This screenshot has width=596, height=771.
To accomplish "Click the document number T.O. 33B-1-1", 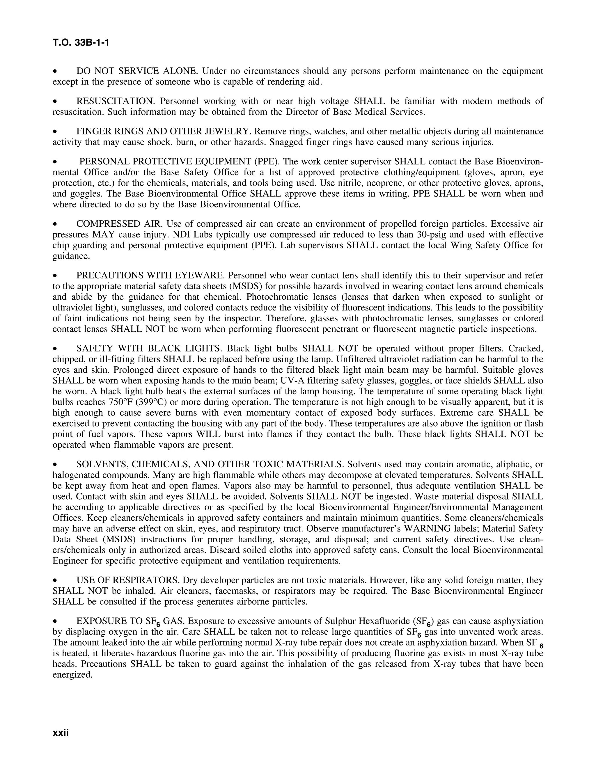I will point(81,43).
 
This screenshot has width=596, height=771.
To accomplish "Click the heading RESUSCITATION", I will point(116,101).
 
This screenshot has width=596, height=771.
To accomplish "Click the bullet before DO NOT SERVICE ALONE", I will point(55,72).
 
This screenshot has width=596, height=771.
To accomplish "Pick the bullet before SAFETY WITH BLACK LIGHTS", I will point(55,349).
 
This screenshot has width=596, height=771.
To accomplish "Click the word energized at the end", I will point(72,675).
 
